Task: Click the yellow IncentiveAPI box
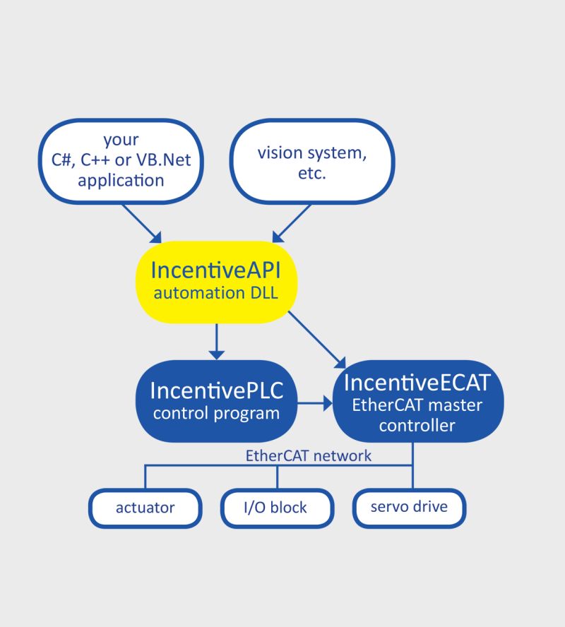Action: click(x=216, y=280)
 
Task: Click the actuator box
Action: click(x=145, y=508)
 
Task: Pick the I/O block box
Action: click(x=276, y=508)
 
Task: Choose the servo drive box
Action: click(x=409, y=507)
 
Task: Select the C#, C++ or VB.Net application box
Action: click(x=121, y=160)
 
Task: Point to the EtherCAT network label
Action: click(x=308, y=455)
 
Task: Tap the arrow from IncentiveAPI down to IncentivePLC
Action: click(x=217, y=341)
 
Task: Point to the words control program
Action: click(x=216, y=414)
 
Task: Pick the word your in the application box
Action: click(x=121, y=139)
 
